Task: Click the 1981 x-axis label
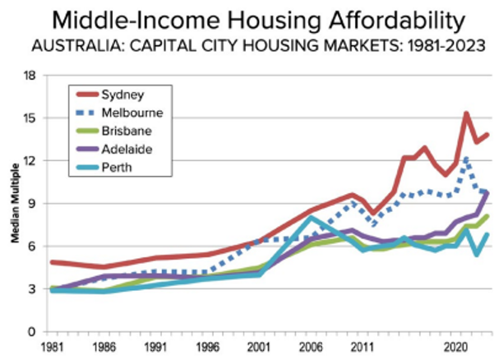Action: [52, 348]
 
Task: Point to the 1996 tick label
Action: [208, 348]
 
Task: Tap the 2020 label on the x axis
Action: [457, 348]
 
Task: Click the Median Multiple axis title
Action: [15, 204]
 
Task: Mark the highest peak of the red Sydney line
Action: [466, 114]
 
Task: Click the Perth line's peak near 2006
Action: [309, 218]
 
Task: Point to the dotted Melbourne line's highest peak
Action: [466, 157]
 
